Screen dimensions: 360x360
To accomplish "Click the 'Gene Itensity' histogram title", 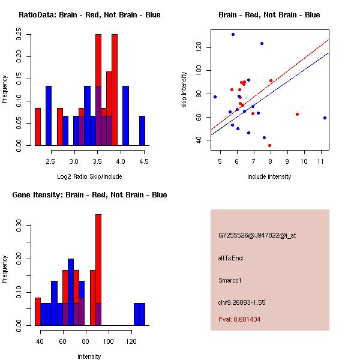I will point(89,195).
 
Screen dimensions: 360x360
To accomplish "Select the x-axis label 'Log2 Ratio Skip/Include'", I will point(89,176).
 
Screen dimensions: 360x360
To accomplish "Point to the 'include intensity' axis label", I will point(269,176).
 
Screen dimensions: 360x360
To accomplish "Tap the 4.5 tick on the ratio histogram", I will point(143,161).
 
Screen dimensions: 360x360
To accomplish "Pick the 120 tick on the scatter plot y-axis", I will point(198,47).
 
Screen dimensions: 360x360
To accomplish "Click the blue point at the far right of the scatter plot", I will point(325,118).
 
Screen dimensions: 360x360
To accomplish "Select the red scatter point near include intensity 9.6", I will point(297,114).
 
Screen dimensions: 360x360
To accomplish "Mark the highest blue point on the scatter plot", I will point(233,34).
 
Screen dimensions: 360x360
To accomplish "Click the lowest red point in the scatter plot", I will point(269,145).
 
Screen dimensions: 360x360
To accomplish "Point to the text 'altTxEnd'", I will point(230,258).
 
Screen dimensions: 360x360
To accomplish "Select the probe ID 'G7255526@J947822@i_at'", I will point(257,236).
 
